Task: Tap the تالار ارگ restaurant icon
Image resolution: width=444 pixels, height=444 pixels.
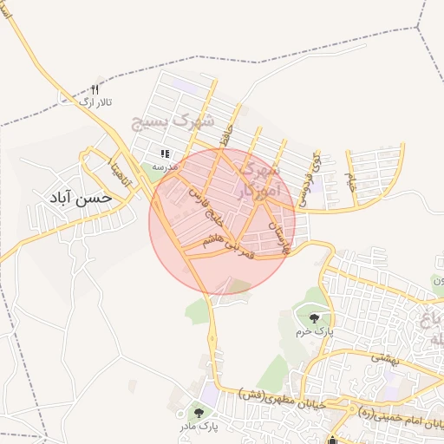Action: [95, 89]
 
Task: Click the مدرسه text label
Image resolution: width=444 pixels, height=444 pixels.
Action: [165, 165]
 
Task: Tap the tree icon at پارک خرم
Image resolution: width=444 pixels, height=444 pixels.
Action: [313, 317]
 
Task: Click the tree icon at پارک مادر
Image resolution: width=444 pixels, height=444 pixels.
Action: [199, 414]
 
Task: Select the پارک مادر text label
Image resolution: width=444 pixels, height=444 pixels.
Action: [199, 427]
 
